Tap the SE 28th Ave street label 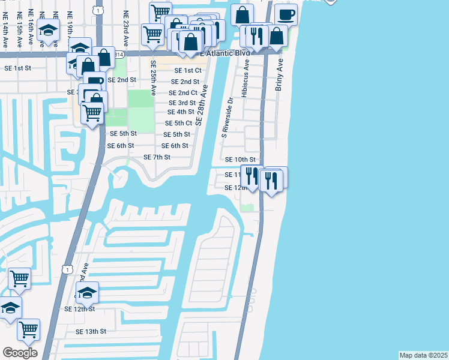(x=204, y=108)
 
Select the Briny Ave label (x=279, y=74)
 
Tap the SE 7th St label (x=157, y=157)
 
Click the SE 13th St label (x=91, y=331)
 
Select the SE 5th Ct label (x=178, y=123)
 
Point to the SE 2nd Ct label (x=183, y=93)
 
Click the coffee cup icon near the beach (x=286, y=14)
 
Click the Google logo (x=20, y=353)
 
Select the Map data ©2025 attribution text (x=423, y=355)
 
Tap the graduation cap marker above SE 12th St (x=87, y=292)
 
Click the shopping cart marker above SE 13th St (x=28, y=329)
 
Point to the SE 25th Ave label (x=154, y=78)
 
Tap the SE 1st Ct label (x=187, y=70)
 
